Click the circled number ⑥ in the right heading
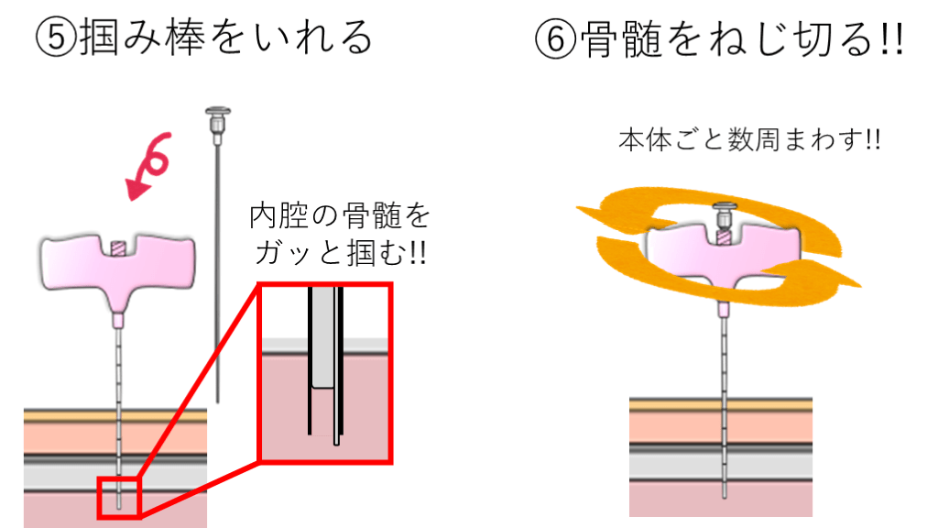[x=556, y=38]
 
